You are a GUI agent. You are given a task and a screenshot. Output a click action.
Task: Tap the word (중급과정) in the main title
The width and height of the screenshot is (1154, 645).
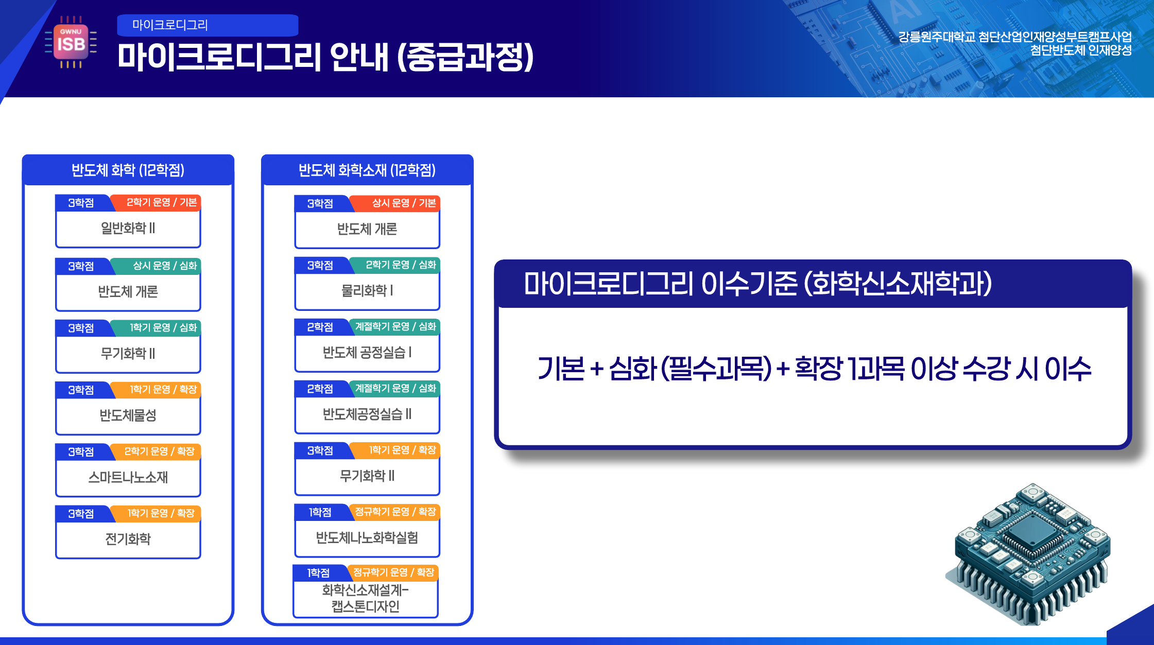coord(466,57)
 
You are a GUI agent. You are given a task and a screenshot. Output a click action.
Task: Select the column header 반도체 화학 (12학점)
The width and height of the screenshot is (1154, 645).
coord(128,170)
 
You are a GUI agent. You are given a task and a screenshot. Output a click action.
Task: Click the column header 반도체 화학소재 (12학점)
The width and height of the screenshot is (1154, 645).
coord(367,170)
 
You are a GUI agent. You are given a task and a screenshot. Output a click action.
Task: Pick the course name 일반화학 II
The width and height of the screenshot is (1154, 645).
coord(128,228)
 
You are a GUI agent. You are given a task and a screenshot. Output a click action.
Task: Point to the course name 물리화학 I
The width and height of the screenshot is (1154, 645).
coord(367,291)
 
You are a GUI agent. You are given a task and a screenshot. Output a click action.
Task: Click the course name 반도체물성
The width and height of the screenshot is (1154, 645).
coord(128,415)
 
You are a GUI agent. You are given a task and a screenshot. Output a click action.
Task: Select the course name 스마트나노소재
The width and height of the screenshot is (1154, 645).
coord(128,477)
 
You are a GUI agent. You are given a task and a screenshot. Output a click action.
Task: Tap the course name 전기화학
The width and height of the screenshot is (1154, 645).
coord(128,539)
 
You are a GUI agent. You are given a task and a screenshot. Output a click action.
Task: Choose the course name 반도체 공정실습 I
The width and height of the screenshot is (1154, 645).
coord(367,353)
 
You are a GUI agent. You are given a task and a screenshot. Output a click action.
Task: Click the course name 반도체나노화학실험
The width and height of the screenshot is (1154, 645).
coord(367,538)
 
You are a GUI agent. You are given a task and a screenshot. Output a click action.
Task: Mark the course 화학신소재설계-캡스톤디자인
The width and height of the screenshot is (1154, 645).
coord(366,598)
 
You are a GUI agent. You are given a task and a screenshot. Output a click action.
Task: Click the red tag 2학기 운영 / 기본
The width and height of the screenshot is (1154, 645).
coord(162,202)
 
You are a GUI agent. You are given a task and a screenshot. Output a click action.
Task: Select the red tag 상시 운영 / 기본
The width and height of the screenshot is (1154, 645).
coord(404,203)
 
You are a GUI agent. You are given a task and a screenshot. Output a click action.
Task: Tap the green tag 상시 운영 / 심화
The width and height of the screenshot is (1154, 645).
coord(165,266)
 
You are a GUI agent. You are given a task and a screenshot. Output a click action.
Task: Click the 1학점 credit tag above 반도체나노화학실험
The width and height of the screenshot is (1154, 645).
coord(320,512)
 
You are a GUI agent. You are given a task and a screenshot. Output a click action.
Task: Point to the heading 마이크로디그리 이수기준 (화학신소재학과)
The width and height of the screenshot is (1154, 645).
coord(757,284)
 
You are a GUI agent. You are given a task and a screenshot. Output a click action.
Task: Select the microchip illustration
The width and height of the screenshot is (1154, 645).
coord(1028,554)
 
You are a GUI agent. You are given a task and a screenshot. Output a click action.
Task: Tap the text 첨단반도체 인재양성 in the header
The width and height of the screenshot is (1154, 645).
coord(1081,50)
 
